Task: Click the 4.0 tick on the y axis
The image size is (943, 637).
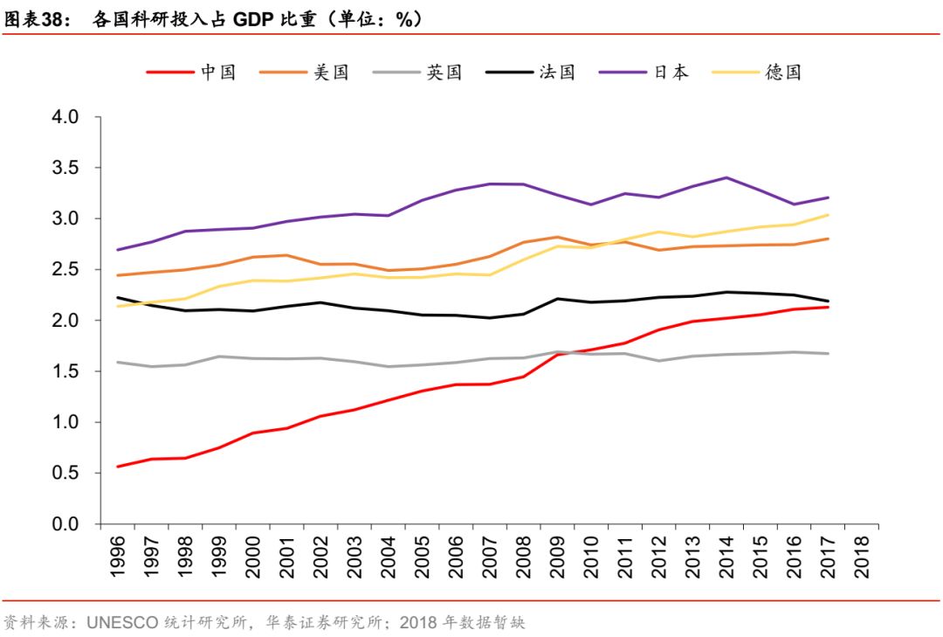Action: [x=66, y=117]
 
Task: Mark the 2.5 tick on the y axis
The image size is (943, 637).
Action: [x=66, y=270]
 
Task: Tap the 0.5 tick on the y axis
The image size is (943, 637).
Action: [x=66, y=474]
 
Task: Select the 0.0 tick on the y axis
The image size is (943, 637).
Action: [x=66, y=524]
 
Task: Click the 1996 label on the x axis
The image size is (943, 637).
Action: [x=118, y=554]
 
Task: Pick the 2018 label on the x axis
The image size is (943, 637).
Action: [x=862, y=554]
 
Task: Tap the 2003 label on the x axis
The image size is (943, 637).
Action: [x=354, y=554]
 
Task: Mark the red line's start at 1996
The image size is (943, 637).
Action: [x=118, y=467]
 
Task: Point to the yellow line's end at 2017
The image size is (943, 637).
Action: [x=828, y=215]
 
